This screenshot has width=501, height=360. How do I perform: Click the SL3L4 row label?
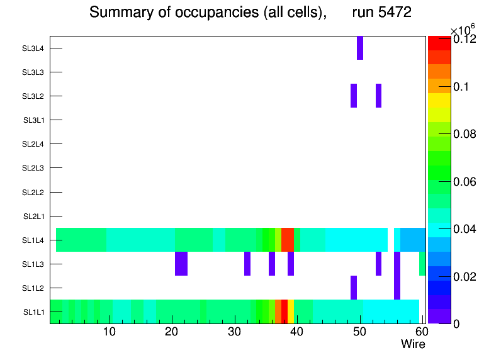[33, 48]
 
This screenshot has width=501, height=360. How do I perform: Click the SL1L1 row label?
[34, 312]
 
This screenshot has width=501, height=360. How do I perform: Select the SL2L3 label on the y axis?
[33, 168]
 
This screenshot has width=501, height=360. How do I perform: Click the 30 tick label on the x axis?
[234, 332]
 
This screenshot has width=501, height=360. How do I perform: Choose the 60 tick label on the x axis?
[421, 332]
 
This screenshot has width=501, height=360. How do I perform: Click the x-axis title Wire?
[413, 344]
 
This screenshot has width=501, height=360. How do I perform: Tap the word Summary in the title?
[118, 13]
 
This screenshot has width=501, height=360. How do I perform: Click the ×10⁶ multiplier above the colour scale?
[463, 30]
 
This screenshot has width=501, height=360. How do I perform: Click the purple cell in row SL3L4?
[360, 48]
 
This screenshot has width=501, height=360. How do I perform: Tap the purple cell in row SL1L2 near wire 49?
[354, 288]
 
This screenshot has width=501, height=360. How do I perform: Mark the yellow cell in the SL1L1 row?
[291, 312]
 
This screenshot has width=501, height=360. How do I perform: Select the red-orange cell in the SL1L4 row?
[288, 240]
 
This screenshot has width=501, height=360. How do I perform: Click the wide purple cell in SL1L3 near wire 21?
[181, 264]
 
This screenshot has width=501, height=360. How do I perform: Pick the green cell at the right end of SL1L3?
[422, 264]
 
